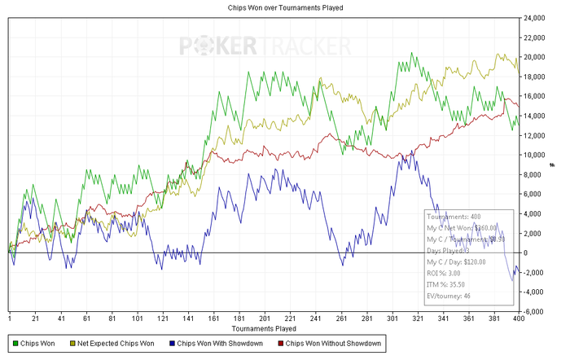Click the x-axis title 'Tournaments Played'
(262, 328)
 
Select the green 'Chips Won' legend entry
(37, 345)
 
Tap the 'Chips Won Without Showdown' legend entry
(329, 345)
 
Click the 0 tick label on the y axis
(528, 252)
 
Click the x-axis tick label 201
(264, 319)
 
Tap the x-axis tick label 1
(10, 319)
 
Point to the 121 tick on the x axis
(163, 319)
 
